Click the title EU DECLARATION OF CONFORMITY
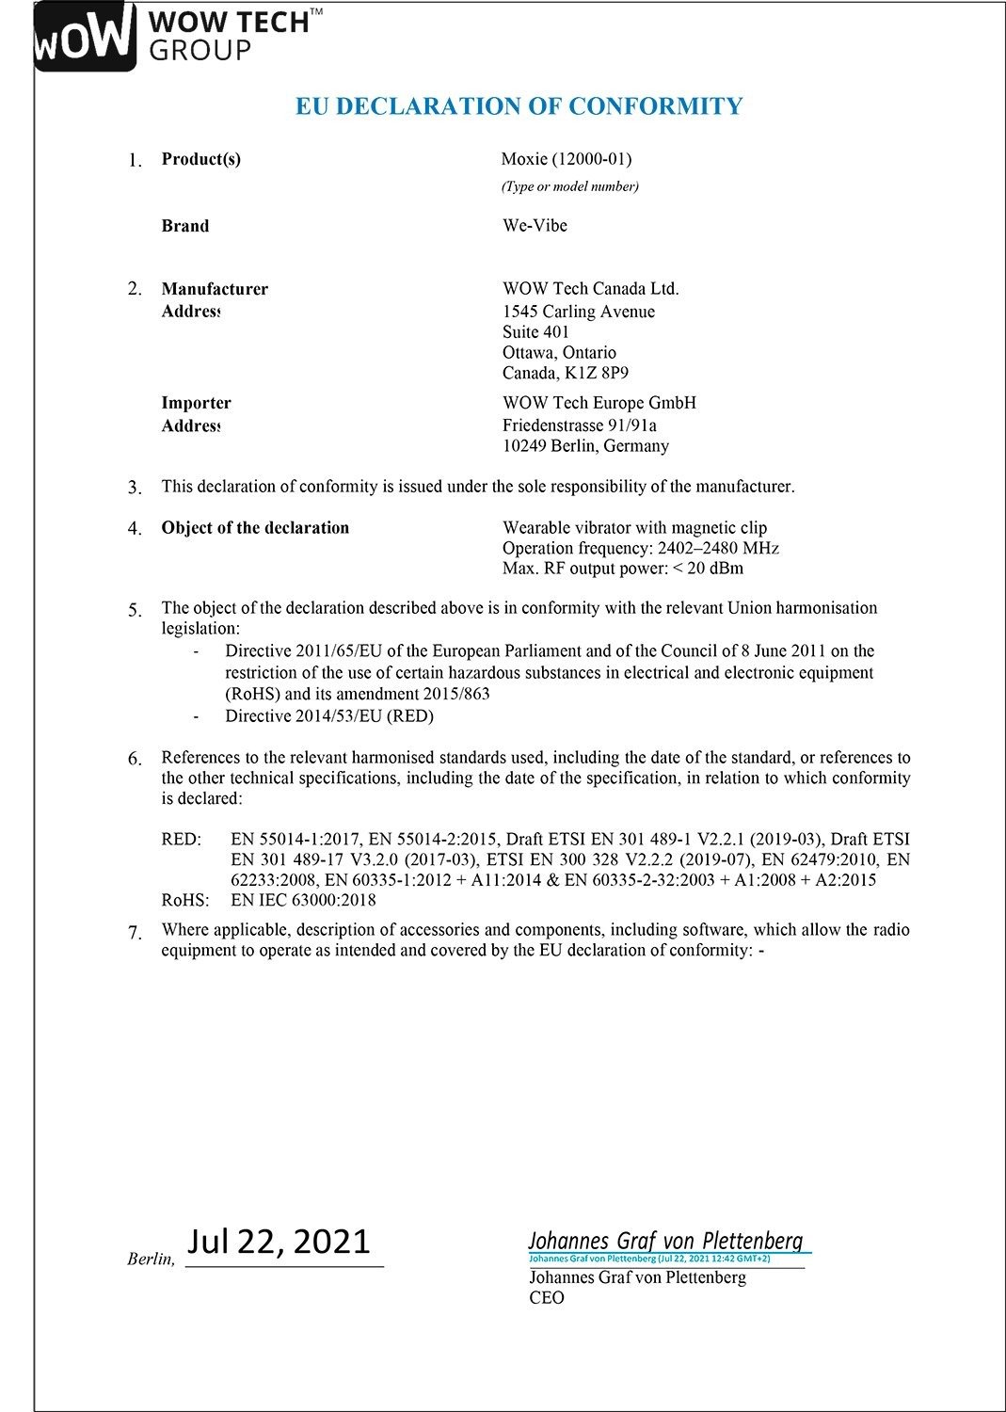point(519,105)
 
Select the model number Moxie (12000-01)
point(566,159)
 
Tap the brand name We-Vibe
point(535,226)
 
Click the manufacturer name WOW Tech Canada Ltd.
point(590,289)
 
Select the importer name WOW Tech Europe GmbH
point(599,403)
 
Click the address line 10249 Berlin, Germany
point(585,446)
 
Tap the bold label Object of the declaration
point(255,528)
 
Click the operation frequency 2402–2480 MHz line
point(640,549)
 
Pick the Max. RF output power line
point(622,569)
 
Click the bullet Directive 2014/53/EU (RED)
point(328,716)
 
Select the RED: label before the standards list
point(182,840)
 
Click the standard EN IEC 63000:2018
point(303,900)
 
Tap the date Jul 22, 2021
point(279,1242)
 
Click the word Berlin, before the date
point(151,1260)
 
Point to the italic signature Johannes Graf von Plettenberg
point(665,1241)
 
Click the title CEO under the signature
point(547,1298)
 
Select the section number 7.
point(136,932)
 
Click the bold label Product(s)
point(200,159)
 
